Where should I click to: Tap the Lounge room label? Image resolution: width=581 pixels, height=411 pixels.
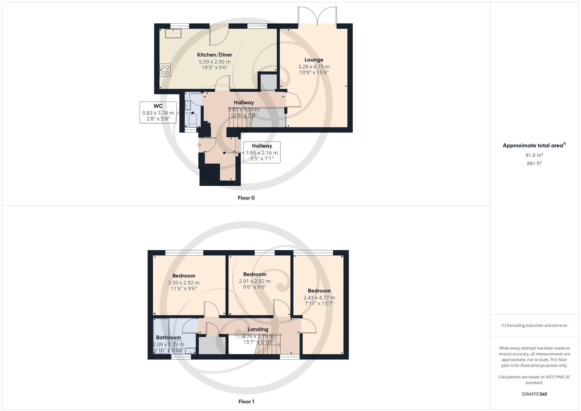click(314, 60)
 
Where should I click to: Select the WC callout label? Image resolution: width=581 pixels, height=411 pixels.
click(158, 106)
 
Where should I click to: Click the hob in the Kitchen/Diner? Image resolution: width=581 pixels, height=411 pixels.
click(165, 70)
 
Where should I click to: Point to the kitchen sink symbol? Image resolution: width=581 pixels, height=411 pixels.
click(174, 34)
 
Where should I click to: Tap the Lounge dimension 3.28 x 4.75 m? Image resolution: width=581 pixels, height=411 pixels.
click(314, 67)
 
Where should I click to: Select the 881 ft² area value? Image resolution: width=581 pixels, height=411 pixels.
click(534, 163)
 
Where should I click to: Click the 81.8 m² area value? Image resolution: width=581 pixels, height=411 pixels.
click(534, 155)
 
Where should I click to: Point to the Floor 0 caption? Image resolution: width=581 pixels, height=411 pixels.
click(246, 198)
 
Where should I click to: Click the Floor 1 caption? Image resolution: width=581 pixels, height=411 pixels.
click(246, 401)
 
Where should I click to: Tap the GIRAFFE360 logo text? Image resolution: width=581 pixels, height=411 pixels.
click(534, 394)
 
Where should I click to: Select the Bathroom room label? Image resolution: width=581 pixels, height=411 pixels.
click(169, 338)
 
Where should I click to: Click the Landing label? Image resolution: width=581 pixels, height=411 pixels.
click(258, 329)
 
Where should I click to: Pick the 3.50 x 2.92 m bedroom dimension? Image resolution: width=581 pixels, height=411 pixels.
click(184, 283)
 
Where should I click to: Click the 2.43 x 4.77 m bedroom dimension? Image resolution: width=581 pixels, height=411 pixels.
click(319, 298)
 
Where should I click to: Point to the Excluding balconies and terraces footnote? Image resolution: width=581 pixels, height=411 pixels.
click(534, 325)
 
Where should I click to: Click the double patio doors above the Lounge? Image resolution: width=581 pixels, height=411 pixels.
click(317, 17)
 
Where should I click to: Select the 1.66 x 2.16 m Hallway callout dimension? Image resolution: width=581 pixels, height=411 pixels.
click(262, 153)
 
